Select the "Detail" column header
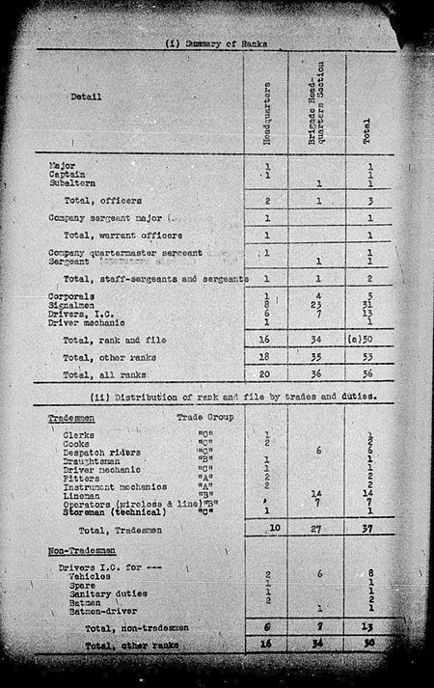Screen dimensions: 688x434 (x=88, y=96)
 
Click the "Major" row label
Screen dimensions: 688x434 (x=62, y=166)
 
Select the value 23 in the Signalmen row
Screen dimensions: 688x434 (x=317, y=304)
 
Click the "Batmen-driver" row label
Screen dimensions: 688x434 (x=99, y=609)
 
